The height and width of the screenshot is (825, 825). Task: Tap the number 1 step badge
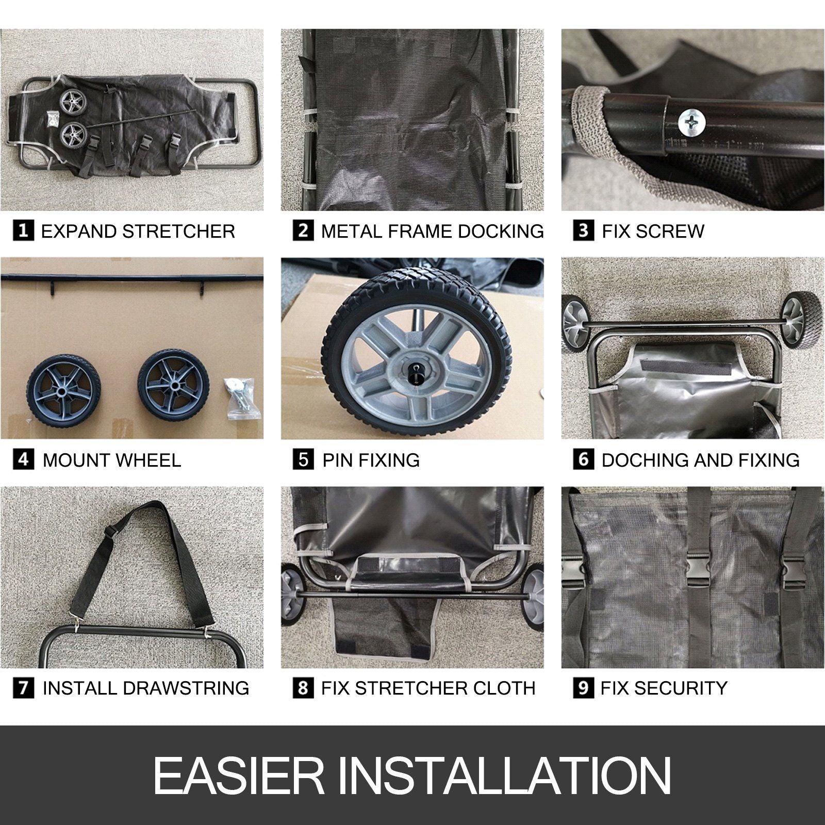(x=23, y=230)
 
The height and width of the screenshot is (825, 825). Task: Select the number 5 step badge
(x=303, y=459)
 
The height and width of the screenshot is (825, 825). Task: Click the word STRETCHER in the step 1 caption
(x=179, y=231)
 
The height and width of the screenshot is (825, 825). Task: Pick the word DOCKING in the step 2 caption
(x=501, y=231)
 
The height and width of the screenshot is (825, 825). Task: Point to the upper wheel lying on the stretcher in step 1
(x=70, y=101)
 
